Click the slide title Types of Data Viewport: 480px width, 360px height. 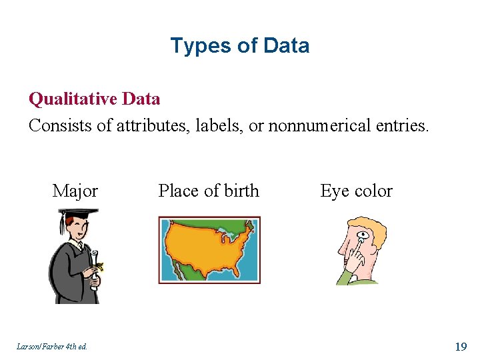click(x=239, y=46)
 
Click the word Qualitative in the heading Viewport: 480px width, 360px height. click(x=74, y=99)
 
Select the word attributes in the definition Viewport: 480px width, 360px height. click(x=152, y=125)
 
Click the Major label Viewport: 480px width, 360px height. click(x=75, y=191)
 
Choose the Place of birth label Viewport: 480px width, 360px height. click(x=209, y=191)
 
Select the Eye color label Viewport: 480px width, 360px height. click(x=356, y=191)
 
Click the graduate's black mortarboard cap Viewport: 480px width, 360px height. click(x=77, y=214)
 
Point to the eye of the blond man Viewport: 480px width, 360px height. click(x=362, y=235)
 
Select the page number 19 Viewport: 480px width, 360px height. click(x=460, y=346)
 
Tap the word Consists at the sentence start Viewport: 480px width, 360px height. click(x=61, y=125)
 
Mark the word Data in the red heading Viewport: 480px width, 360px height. click(x=142, y=99)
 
